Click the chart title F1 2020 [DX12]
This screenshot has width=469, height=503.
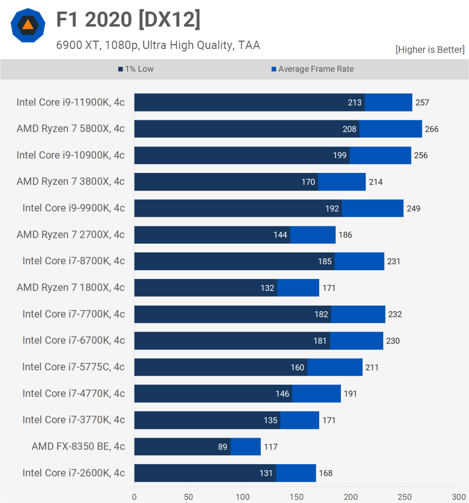point(128,20)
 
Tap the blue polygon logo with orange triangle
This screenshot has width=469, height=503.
point(28,26)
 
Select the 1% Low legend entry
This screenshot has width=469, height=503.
point(136,69)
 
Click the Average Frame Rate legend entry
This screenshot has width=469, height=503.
point(312,69)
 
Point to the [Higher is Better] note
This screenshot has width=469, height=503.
point(430,50)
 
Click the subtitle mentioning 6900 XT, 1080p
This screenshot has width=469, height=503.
point(158,45)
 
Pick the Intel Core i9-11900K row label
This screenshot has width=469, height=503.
point(70,102)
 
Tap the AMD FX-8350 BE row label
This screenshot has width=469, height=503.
point(78,447)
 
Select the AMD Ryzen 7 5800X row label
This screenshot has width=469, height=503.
point(70,129)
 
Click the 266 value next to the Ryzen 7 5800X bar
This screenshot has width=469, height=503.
point(432,129)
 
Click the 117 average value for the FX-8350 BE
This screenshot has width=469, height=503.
point(271,447)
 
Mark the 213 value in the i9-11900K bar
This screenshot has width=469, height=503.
point(355,103)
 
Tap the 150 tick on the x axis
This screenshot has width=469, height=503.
point(297,496)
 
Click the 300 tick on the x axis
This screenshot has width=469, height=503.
point(459,496)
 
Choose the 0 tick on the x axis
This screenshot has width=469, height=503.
point(135,496)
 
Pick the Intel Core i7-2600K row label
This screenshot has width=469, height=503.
point(73,473)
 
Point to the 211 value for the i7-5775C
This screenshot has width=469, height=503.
point(372,367)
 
